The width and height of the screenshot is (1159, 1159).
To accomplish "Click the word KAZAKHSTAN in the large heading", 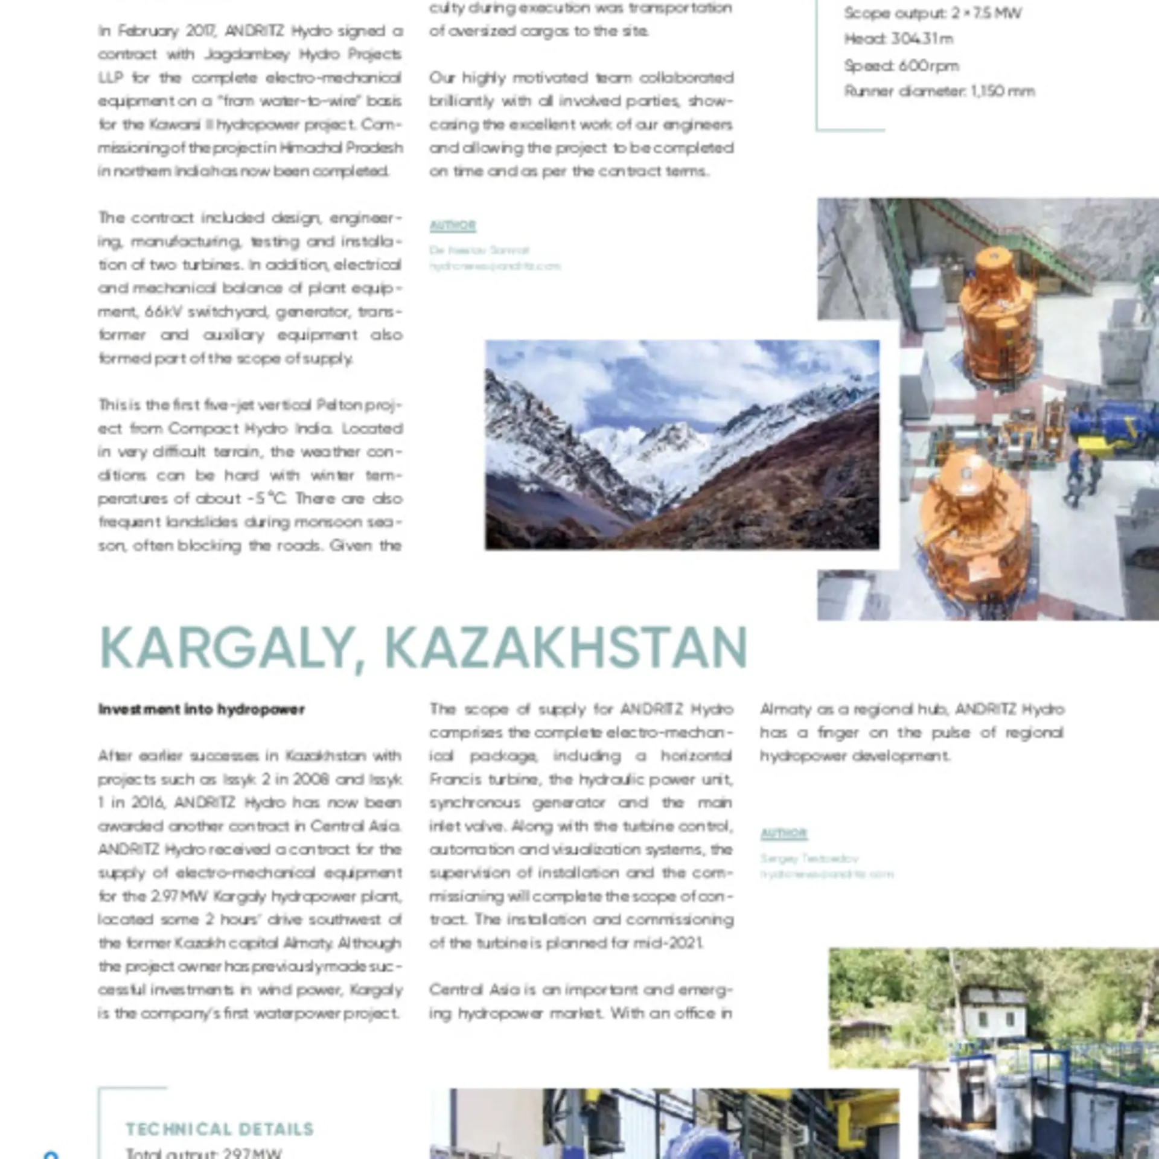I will tap(566, 647).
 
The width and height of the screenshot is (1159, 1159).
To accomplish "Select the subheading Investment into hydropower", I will tap(202, 709).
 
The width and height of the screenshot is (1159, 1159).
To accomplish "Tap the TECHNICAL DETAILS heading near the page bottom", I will tap(219, 1129).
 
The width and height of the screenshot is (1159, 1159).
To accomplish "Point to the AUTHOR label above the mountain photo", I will tap(453, 226).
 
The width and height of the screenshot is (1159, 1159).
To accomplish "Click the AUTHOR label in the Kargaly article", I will tap(784, 834).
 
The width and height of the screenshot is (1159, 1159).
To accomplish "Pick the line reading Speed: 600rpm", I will tap(901, 65).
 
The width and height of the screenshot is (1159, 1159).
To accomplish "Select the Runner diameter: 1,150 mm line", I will tap(939, 91).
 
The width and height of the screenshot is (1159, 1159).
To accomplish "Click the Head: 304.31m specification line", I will tap(898, 39).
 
